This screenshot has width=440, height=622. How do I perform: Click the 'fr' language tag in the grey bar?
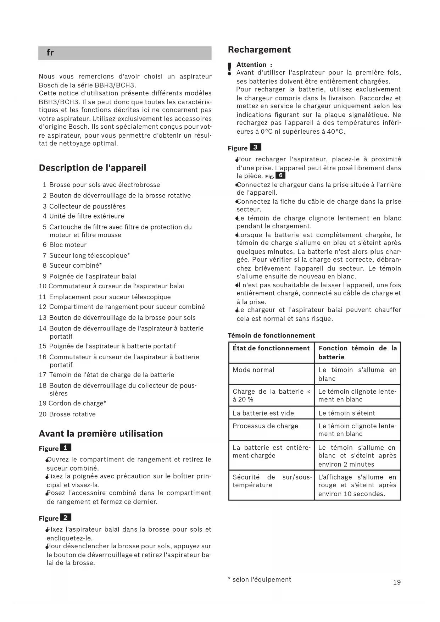pyautogui.click(x=50, y=53)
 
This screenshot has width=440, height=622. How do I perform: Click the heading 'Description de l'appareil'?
pyautogui.click(x=92, y=168)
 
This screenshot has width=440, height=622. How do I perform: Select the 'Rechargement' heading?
pyautogui.click(x=259, y=50)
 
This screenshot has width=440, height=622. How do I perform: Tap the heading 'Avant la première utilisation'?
pyautogui.click(x=101, y=433)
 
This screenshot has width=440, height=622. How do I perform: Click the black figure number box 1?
pyautogui.click(x=66, y=448)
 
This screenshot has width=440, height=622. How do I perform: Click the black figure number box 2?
pyautogui.click(x=66, y=517)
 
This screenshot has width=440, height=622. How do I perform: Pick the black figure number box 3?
pyautogui.click(x=255, y=147)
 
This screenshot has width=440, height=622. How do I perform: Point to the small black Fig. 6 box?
pyautogui.click(x=280, y=176)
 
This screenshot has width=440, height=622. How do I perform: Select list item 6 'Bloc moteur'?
pyautogui.click(x=67, y=245)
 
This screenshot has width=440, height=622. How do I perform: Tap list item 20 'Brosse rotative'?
pyautogui.click(x=72, y=414)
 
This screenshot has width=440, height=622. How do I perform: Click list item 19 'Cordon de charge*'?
pyautogui.click(x=77, y=403)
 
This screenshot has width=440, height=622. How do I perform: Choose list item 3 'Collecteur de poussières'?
pyautogui.click(x=87, y=206)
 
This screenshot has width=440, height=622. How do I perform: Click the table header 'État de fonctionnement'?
pyautogui.click(x=271, y=348)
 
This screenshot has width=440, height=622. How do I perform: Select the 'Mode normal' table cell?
pyautogui.click(x=254, y=370)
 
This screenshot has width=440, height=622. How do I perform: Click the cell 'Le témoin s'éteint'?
pyautogui.click(x=347, y=413)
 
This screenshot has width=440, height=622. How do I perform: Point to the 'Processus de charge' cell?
pyautogui.click(x=265, y=426)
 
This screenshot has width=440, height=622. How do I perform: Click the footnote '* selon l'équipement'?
pyautogui.click(x=259, y=579)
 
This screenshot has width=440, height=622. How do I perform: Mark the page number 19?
pyautogui.click(x=397, y=582)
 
